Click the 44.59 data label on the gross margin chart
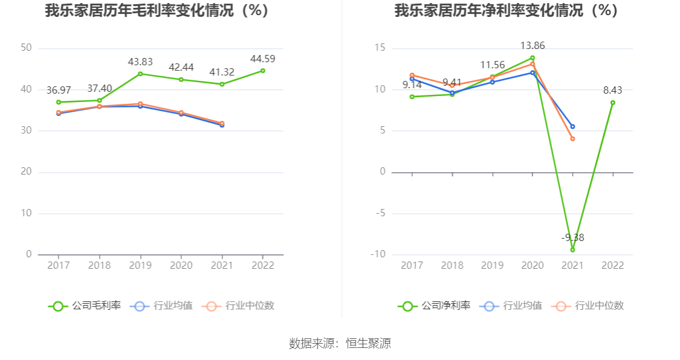[262, 59]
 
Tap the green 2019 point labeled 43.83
[140, 74]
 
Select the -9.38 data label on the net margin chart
[572, 237]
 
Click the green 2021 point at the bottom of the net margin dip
[572, 249]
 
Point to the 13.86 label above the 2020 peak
[532, 45]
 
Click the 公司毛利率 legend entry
[85, 306]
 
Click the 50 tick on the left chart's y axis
[26, 48]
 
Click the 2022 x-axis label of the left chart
[262, 266]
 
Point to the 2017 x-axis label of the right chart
[412, 266]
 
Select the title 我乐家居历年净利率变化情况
[507, 10]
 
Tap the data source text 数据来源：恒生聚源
[340, 344]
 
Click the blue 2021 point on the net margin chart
[572, 127]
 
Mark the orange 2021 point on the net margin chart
[572, 139]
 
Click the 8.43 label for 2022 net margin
[612, 91]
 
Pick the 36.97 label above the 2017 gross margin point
[59, 91]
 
